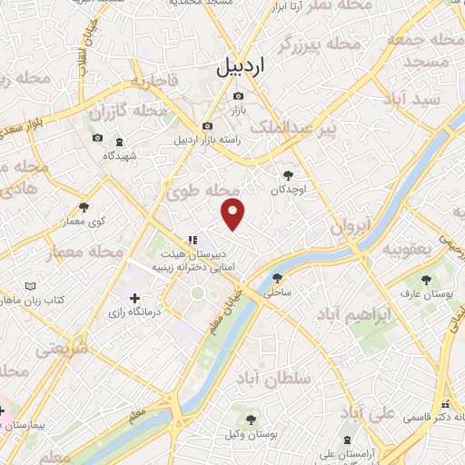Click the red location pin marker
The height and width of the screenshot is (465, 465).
[x=233, y=213]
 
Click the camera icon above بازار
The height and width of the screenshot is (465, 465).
[x=238, y=96]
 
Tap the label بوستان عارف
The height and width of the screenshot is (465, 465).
[x=424, y=294]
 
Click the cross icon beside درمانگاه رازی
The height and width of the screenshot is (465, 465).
[x=134, y=298]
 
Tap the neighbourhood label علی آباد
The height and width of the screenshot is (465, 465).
[x=368, y=414]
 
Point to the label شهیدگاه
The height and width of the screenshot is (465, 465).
[x=121, y=155]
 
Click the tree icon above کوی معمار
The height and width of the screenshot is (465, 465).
[x=84, y=208]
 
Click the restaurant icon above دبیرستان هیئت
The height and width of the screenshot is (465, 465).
[x=192, y=239]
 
